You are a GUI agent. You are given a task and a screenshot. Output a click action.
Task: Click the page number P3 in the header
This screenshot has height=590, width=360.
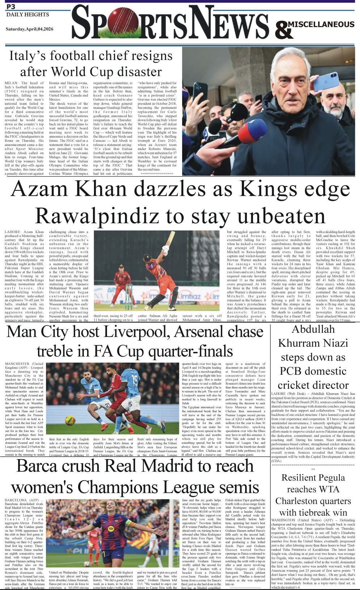coord(10,7)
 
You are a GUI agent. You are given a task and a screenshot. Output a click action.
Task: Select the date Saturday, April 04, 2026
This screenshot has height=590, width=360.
coord(29,29)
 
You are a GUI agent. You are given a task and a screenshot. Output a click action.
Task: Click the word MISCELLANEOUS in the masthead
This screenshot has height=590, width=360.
coord(321,24)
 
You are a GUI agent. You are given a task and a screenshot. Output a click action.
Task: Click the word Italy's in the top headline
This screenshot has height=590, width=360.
coord(27,56)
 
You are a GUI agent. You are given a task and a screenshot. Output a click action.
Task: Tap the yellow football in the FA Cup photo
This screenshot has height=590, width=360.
coord(70,420)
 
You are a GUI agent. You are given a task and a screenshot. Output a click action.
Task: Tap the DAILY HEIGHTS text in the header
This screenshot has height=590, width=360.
coord(27,14)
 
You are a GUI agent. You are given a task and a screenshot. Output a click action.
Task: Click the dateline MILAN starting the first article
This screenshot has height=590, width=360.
coord(12,83)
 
